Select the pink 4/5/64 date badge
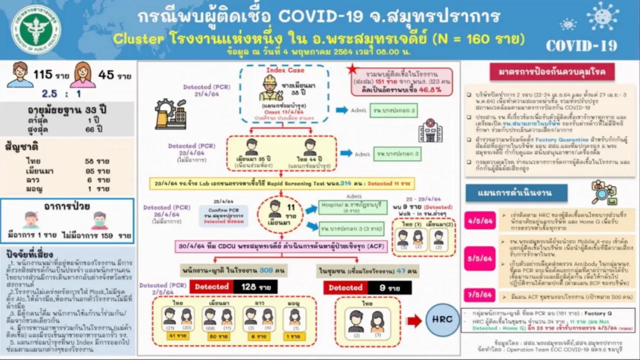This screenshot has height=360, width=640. [479, 220]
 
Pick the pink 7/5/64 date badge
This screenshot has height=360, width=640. [479, 294]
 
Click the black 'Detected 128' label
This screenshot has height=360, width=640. [233, 287]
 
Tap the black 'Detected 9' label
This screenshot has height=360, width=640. [367, 287]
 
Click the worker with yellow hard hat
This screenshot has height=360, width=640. [270, 88]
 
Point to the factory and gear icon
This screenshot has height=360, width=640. [170, 114]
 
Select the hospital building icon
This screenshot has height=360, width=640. [430, 131]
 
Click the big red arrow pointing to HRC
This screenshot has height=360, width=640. [414, 321]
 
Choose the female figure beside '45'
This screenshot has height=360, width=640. [82, 75]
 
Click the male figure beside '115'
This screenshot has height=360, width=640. [20, 75]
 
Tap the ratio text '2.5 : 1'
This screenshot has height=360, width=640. [62, 93]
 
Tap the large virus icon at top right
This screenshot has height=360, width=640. [602, 16]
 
